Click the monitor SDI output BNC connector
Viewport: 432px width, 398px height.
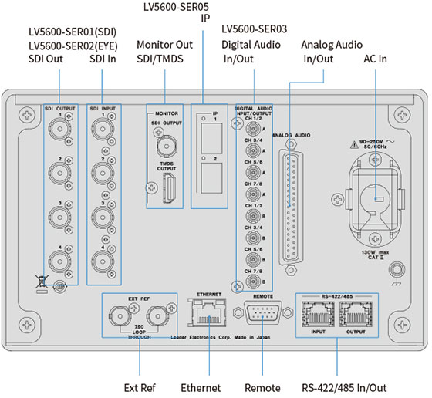(x=164, y=143)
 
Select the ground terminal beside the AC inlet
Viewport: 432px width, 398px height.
(x=398, y=271)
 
